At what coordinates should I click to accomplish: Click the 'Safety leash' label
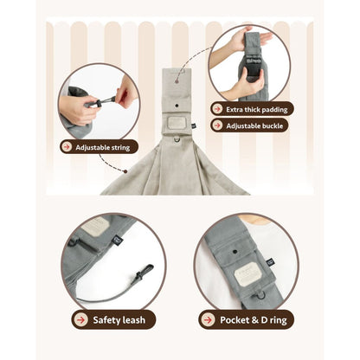tap(119, 320)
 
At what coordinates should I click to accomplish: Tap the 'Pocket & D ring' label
tap(254, 320)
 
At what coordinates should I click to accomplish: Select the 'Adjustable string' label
tap(103, 147)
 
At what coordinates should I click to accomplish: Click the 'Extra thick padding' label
tap(257, 110)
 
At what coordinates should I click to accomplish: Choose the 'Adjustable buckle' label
tap(254, 126)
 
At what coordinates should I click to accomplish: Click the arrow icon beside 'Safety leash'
tap(80, 319)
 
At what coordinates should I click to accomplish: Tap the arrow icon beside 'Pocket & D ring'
tap(208, 319)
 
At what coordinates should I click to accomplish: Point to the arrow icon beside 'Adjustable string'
tap(67, 147)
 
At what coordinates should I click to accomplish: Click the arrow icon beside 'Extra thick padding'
tap(216, 109)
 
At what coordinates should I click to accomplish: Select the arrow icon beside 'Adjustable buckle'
tap(216, 125)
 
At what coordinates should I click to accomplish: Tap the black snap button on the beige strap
tap(177, 106)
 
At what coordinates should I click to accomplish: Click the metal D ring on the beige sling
tap(177, 140)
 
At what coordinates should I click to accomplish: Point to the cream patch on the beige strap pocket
tap(177, 123)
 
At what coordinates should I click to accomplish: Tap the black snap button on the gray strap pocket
tap(235, 252)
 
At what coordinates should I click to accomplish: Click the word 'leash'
tap(134, 320)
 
